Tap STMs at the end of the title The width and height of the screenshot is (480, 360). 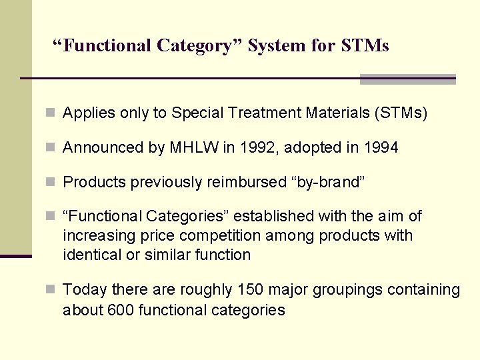[365, 46]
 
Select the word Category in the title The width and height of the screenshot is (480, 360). [201, 46]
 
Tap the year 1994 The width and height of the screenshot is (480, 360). [381, 148]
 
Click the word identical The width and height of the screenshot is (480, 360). [89, 255]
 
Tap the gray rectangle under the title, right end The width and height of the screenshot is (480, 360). [407, 79]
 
